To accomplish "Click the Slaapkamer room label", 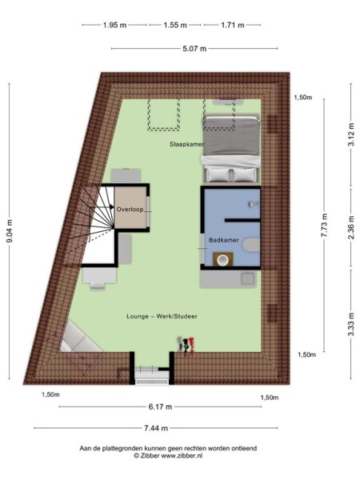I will [186, 144].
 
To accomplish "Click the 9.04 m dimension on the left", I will [10, 227].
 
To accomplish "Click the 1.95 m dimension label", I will [114, 26].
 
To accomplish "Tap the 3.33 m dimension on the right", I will [350, 326].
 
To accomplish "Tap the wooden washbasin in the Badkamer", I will [222, 258].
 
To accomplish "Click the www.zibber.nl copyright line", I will [179, 457].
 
